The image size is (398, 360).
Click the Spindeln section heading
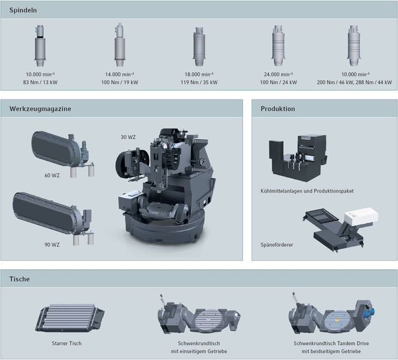23,10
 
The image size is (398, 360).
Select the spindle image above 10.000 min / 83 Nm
40,46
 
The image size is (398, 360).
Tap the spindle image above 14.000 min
119,45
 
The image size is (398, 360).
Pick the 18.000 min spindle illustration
199,46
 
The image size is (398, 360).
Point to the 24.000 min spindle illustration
278,46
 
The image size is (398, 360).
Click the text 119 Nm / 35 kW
199,82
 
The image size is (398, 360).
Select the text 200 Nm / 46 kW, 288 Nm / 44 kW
354,82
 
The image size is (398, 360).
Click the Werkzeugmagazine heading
40,109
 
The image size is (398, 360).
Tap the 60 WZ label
52,175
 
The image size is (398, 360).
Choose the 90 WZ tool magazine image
53,218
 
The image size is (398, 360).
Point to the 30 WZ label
128,137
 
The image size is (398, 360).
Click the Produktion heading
278,109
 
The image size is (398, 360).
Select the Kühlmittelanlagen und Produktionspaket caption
307,191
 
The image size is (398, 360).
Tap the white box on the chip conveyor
361,215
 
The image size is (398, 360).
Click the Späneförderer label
277,245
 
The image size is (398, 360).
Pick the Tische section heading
20,279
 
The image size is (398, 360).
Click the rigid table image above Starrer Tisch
70,317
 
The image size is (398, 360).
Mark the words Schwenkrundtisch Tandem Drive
331,343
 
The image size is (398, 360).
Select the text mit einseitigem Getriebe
199,352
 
